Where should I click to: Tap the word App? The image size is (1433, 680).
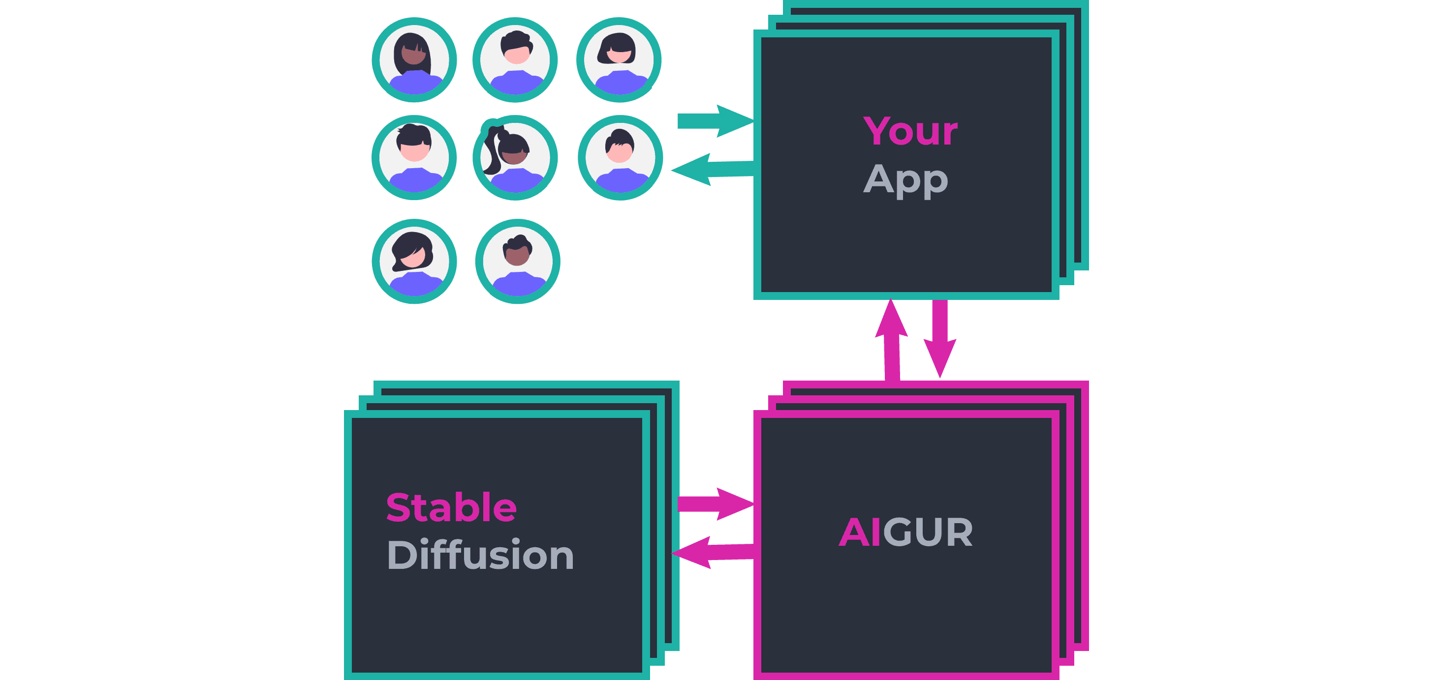tap(905, 179)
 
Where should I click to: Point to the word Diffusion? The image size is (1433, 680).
tap(480, 555)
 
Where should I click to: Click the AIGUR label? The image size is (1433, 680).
tap(905, 532)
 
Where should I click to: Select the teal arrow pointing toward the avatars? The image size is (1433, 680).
tap(712, 169)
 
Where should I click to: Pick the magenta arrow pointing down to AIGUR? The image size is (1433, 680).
tap(939, 339)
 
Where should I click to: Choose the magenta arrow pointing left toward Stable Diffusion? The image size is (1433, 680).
tap(712, 552)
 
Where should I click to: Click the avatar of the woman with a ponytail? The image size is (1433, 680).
tap(515, 157)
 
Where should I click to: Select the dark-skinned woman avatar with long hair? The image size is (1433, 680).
tap(414, 60)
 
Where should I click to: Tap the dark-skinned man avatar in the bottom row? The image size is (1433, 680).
tap(517, 261)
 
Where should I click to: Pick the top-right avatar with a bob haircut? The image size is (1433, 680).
tap(619, 60)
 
